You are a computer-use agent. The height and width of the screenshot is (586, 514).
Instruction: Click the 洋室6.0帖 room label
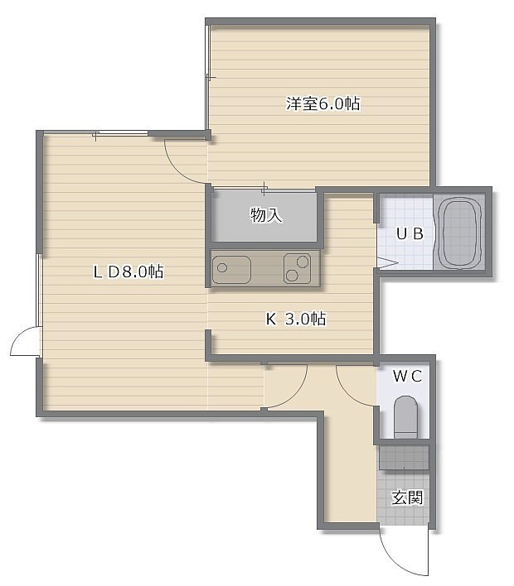[x=323, y=103]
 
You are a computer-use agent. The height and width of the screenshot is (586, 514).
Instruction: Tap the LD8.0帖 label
[x=128, y=271]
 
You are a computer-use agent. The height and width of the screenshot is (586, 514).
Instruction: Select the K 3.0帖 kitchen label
[x=296, y=319]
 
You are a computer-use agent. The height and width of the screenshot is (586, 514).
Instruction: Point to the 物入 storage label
[x=265, y=215]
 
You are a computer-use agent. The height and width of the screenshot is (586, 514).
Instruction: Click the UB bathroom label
[x=410, y=233]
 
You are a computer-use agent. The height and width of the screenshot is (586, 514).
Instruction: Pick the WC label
[x=408, y=376]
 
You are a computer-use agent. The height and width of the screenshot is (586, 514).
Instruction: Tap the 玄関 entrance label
[x=407, y=497]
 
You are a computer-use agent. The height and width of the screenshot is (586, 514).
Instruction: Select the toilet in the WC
[x=405, y=417]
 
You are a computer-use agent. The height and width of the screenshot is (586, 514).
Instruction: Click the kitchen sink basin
[x=231, y=270]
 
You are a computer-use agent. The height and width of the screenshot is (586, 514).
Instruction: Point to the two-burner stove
[x=298, y=268]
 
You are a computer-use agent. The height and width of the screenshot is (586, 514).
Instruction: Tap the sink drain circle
[x=222, y=267]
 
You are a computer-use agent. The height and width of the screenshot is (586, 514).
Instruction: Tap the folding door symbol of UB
[x=386, y=262]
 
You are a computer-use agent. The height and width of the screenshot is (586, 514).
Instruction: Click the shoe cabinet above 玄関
[x=404, y=458]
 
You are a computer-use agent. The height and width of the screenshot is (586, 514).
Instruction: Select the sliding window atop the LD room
[x=96, y=134]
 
